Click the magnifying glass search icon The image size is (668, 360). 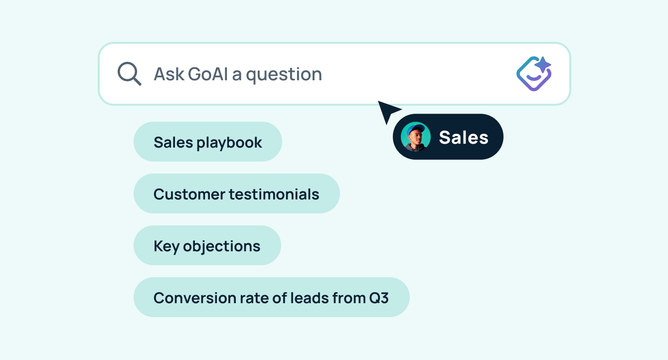pos(129,74)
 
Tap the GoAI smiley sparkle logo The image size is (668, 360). pos(533,74)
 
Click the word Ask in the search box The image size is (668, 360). pos(168,74)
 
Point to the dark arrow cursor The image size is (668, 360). pos(388,111)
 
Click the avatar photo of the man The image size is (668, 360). pos(416,137)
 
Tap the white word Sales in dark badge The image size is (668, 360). pos(464,137)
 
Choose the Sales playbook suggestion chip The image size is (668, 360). pos(207,142)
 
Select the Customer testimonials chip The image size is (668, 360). pos(236,193)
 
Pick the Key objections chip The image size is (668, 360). pos(207,245)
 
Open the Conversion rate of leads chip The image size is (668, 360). pos(271,297)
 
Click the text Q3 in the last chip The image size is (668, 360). pos(378,298)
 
